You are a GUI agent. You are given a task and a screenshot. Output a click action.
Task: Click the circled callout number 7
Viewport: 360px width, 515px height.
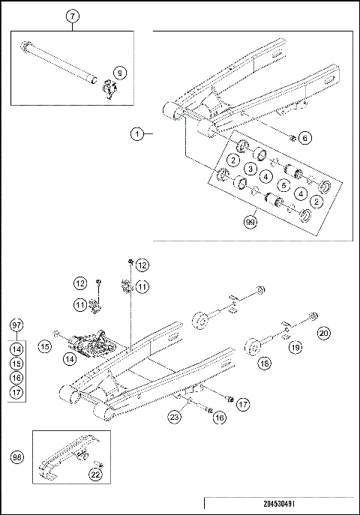(x=72, y=16)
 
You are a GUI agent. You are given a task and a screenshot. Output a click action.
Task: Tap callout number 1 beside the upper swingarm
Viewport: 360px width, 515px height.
(x=136, y=134)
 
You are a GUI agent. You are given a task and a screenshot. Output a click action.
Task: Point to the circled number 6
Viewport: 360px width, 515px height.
(x=304, y=137)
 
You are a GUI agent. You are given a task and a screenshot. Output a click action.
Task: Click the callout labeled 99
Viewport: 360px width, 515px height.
(x=250, y=222)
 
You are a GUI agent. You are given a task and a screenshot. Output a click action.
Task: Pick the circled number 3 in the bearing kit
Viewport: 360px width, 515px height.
(x=250, y=169)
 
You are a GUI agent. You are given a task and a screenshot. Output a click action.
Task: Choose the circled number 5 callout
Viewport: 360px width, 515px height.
(x=283, y=184)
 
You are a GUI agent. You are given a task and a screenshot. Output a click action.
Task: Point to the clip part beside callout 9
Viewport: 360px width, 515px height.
(x=108, y=91)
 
